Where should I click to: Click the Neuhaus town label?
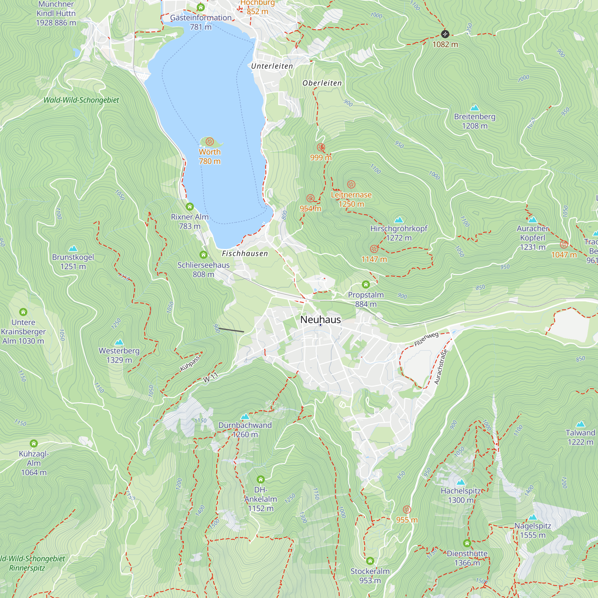320,319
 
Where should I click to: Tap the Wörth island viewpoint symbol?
210,142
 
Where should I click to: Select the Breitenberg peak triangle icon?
475,108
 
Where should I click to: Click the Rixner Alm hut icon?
190,206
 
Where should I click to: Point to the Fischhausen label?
245,254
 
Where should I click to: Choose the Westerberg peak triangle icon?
119,342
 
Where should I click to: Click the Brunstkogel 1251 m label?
73,262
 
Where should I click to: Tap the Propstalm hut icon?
366,284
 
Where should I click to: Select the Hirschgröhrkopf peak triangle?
399,220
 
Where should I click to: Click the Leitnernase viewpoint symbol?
351,184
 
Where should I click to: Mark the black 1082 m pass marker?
445,34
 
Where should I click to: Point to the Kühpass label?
190,364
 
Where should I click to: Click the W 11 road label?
210,378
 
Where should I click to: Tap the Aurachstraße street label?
441,367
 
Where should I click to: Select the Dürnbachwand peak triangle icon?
245,417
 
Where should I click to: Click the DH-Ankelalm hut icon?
261,480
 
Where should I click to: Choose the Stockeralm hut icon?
370,561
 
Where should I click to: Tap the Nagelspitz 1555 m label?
533,530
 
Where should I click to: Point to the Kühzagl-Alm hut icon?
34,443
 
